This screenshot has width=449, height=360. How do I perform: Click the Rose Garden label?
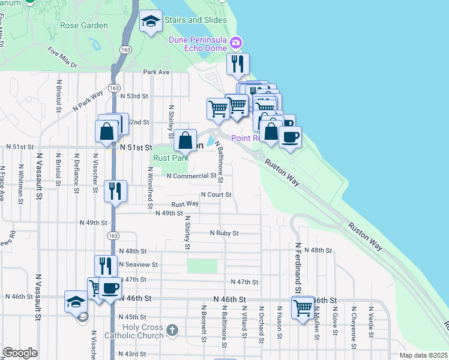[x=84, y=26]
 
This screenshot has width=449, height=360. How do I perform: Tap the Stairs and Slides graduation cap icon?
[x=150, y=22]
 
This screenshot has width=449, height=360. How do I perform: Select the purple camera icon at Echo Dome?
[x=237, y=42]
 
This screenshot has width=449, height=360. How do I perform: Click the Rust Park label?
[x=171, y=158]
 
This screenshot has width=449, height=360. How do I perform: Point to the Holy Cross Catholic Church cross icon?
[x=172, y=329]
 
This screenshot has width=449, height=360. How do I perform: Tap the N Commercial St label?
[x=191, y=176]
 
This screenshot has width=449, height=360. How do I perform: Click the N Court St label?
[x=216, y=194]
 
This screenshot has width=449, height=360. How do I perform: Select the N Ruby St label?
[x=224, y=233]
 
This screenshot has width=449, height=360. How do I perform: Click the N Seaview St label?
[x=138, y=265]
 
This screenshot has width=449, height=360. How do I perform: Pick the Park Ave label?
[x=157, y=72]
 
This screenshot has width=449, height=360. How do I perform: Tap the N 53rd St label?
[x=134, y=96]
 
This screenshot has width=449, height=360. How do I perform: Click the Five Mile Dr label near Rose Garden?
[x=64, y=59]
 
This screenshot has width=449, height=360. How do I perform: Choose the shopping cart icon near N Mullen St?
[x=303, y=308]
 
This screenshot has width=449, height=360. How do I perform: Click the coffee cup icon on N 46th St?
[x=110, y=289]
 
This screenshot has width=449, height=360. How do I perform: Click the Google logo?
[x=20, y=353]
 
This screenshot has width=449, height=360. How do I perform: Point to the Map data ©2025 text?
[x=423, y=355]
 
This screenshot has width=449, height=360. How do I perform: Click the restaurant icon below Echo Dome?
[x=238, y=64]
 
